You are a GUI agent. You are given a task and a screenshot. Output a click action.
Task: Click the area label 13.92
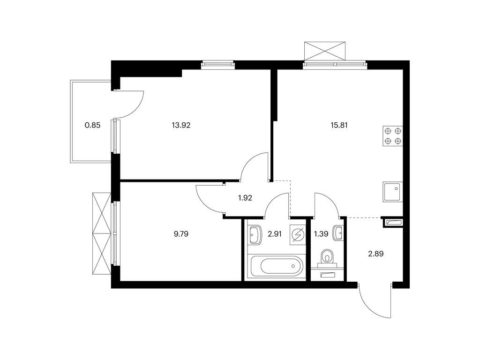[x=181, y=125]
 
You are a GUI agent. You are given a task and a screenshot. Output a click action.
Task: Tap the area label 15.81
[x=339, y=125]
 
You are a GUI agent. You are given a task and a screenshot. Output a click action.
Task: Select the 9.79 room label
[x=181, y=234]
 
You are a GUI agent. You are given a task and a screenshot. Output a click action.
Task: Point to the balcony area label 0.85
[x=92, y=125]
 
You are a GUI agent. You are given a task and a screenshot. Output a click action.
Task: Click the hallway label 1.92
[x=245, y=198]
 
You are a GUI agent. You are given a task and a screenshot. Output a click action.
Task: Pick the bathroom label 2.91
[x=274, y=234]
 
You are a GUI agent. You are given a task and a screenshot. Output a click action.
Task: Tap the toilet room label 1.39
[x=321, y=234]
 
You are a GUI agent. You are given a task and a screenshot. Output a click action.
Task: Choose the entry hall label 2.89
[x=375, y=254]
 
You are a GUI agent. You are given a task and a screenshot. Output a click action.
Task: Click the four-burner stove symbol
[x=393, y=136]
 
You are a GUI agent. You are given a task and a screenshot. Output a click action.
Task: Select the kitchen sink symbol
[x=393, y=192]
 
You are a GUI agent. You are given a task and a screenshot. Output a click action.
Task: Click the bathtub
[x=277, y=266]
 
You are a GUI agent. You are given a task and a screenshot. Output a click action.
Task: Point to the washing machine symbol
[x=298, y=235]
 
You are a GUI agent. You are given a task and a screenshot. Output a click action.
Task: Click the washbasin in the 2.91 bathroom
[x=255, y=235]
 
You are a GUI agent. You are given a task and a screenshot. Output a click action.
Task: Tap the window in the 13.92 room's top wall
[x=217, y=64]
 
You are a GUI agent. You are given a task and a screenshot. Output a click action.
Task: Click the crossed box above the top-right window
[x=325, y=51]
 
